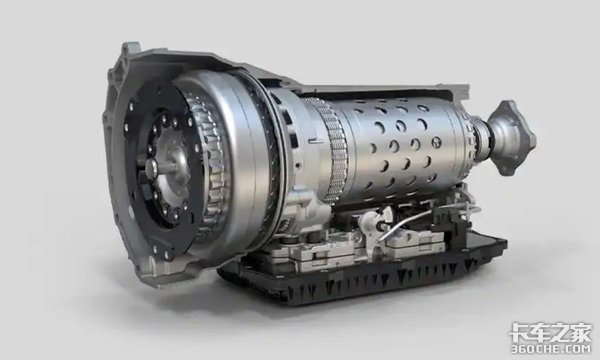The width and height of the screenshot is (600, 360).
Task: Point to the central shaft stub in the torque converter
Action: click(x=152, y=167)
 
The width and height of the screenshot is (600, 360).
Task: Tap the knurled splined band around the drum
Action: click(x=332, y=149)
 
